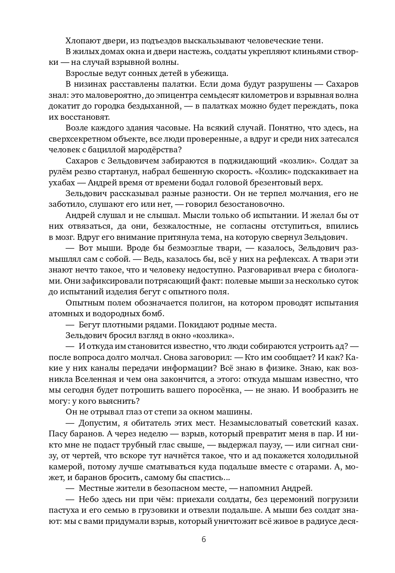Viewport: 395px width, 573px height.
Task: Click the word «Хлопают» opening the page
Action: point(80,40)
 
